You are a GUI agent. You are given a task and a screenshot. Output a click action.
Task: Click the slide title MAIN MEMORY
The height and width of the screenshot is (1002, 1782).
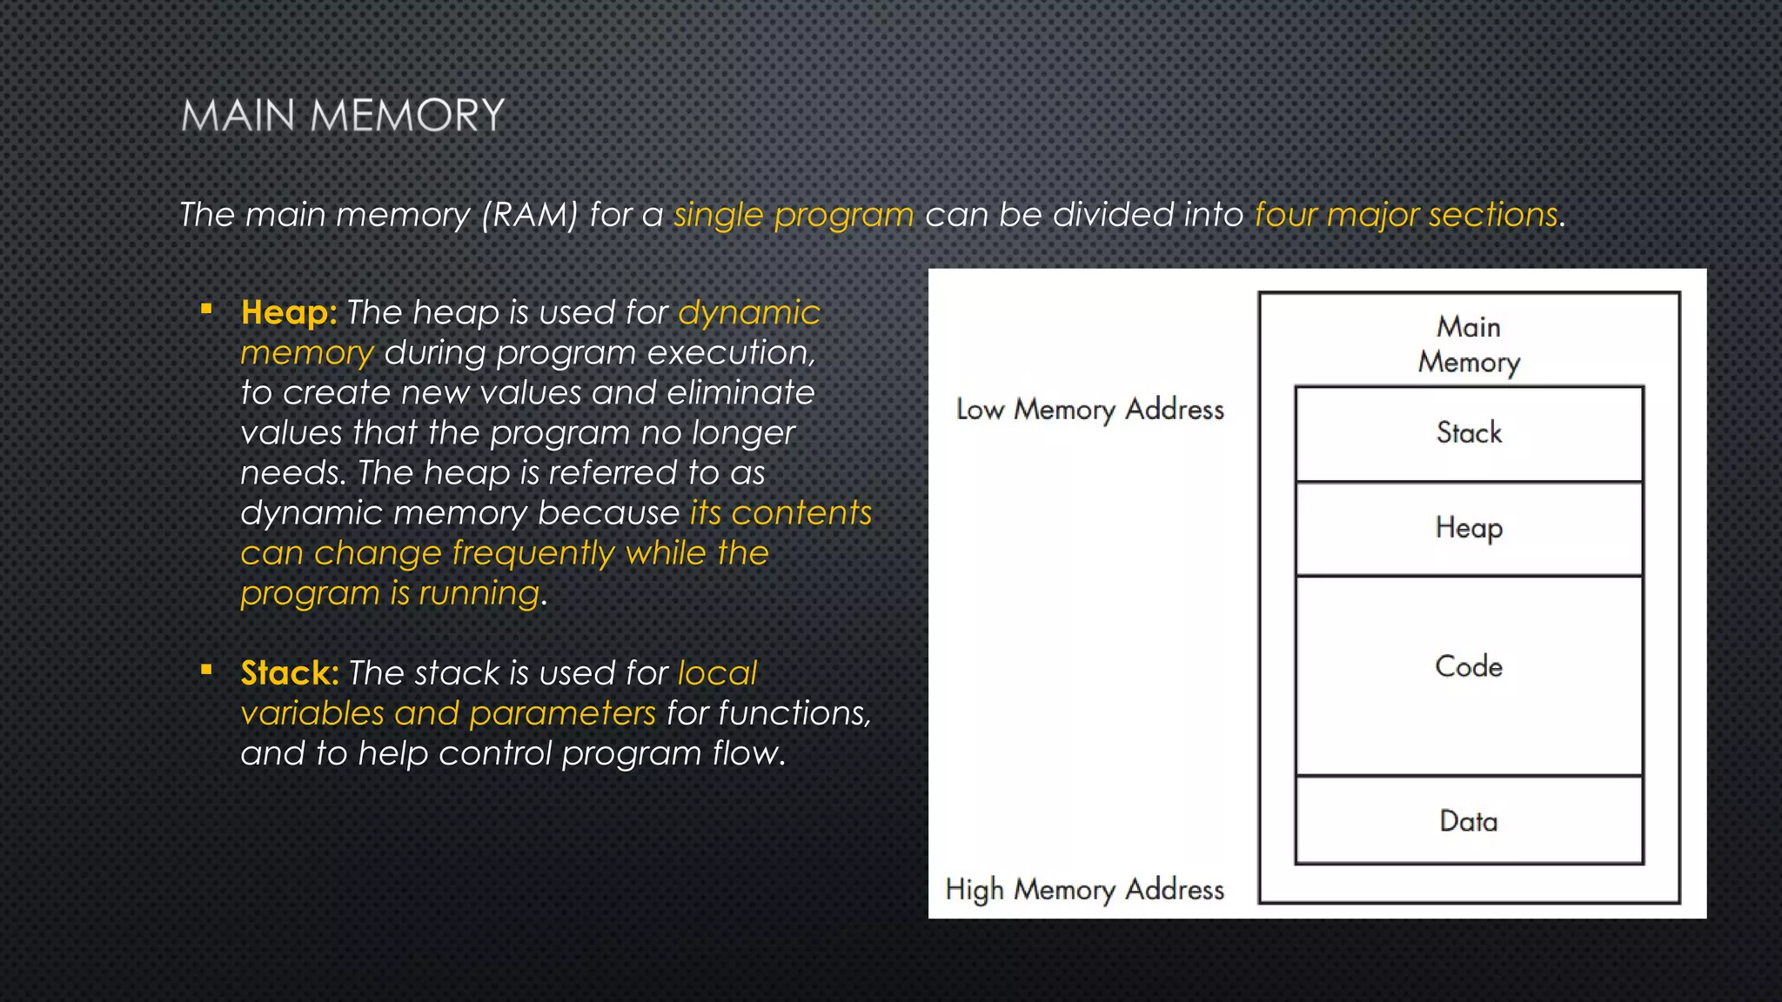tap(343, 116)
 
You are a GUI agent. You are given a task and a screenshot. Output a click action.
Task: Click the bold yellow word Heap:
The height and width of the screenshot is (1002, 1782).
tap(289, 312)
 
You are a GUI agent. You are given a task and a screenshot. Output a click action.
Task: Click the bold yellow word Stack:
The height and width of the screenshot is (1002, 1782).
tap(290, 673)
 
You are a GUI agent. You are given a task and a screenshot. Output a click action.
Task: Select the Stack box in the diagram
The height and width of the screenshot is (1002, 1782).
tap(1469, 433)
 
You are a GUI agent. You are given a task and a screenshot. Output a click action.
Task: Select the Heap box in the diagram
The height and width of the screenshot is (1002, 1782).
tap(1469, 528)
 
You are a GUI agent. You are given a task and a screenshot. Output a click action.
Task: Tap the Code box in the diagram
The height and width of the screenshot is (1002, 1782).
tap(1469, 667)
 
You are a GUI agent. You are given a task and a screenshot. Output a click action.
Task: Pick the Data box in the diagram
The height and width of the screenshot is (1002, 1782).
tap(1469, 821)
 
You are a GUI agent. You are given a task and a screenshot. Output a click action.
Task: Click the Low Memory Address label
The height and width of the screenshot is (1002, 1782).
tap(1089, 409)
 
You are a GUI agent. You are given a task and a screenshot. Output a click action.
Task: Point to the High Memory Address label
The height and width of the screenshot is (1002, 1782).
tap(1084, 889)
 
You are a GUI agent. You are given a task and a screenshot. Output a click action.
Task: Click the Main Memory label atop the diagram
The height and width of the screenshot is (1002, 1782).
tap(1469, 344)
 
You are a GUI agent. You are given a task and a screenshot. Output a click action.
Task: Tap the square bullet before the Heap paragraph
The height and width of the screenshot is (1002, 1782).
tap(206, 309)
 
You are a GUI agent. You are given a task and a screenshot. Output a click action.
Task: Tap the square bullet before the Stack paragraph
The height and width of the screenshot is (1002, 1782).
tap(206, 670)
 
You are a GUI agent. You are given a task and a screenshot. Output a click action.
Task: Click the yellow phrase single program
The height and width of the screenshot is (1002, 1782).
tap(794, 215)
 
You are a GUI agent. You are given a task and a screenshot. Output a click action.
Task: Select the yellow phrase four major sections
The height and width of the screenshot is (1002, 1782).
tap(1406, 215)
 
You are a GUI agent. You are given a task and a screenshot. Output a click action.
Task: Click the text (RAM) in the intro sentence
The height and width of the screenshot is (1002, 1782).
tap(530, 215)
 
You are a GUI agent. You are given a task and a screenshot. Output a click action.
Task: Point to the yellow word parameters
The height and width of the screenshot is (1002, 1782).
tap(562, 714)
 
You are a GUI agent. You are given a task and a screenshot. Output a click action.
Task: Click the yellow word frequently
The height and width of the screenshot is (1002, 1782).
tap(533, 554)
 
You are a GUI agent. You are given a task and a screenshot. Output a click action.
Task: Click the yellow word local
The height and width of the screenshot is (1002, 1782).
tap(717, 673)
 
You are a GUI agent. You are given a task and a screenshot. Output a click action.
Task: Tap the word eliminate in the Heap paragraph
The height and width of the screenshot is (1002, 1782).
tap(740, 393)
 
